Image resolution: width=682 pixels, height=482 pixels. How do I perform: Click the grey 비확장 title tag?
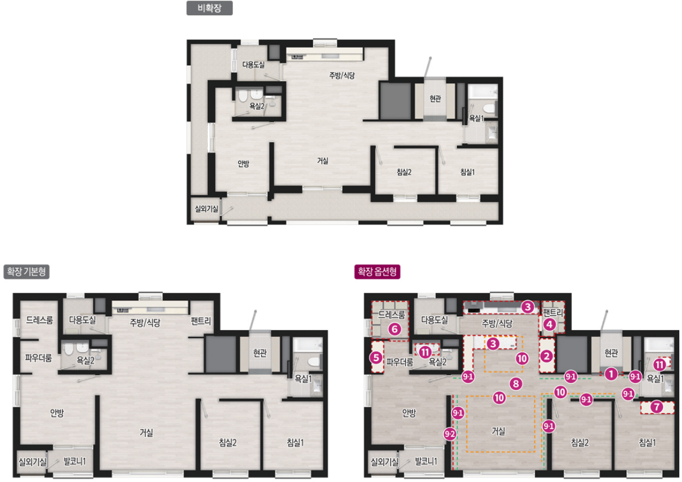(209, 8)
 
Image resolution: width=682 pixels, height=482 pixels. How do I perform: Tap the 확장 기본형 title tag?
(26, 272)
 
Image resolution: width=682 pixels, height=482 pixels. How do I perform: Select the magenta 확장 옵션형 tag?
(377, 272)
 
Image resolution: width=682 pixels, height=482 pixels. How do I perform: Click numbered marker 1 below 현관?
(610, 374)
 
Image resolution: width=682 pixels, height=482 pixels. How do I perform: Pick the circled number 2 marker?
(546, 356)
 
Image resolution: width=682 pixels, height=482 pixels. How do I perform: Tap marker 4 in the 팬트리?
(550, 325)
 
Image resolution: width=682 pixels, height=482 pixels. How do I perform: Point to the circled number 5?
(376, 358)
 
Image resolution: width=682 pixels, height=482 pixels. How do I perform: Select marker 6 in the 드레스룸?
(395, 329)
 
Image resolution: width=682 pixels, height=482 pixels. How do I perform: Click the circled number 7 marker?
(657, 407)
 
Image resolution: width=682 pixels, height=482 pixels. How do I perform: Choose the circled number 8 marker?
(516, 384)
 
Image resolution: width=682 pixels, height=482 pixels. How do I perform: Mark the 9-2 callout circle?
(450, 434)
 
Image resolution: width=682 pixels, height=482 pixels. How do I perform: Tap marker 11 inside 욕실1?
(659, 364)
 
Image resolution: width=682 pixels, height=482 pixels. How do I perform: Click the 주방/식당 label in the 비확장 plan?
(342, 75)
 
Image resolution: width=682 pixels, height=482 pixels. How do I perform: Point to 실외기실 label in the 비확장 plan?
(207, 209)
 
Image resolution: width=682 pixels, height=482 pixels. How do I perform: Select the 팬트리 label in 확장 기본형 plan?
(200, 321)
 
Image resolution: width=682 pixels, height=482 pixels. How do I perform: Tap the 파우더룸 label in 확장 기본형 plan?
(38, 358)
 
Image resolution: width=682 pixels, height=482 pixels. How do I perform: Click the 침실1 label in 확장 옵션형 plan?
(647, 443)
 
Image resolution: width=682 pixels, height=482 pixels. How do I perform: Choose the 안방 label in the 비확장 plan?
(243, 164)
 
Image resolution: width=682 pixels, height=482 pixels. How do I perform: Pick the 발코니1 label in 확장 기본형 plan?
(74, 462)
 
